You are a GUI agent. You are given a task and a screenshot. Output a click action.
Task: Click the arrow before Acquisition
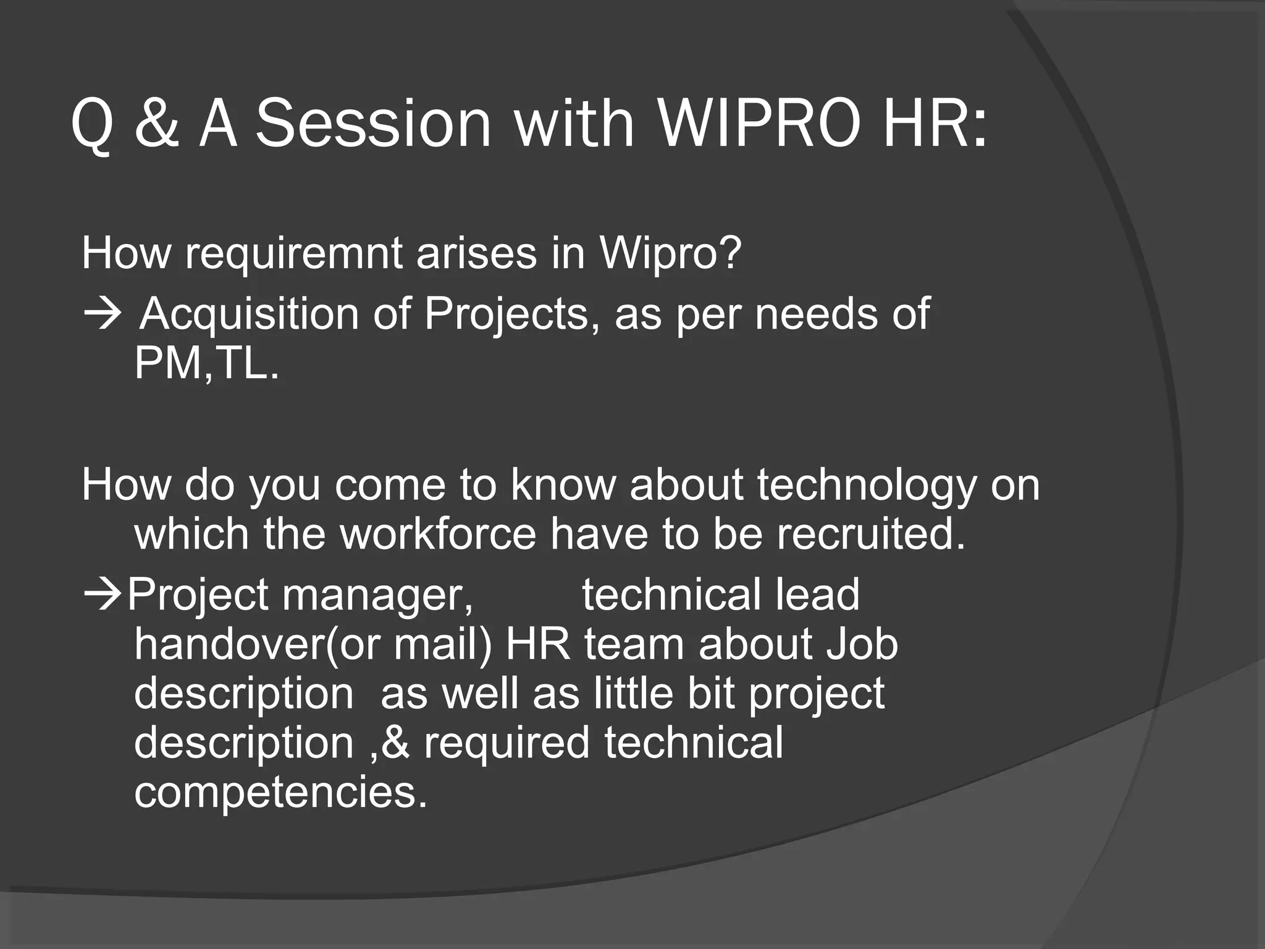[x=102, y=314]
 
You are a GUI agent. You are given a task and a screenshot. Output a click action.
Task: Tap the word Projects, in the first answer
[x=512, y=314]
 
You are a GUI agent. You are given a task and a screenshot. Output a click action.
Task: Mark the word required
[x=506, y=742]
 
